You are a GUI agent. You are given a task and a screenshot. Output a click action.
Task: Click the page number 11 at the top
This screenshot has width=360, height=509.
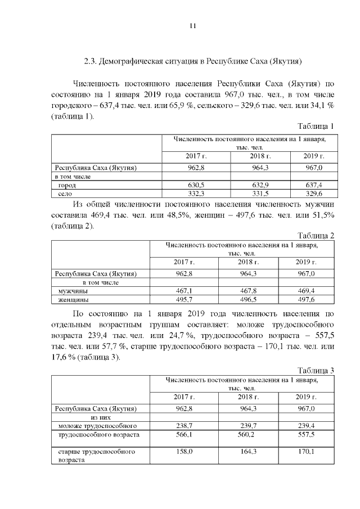(192, 25)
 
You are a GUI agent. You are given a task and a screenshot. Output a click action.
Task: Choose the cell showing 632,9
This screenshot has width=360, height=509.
(261, 184)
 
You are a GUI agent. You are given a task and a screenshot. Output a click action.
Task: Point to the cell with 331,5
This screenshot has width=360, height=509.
(261, 193)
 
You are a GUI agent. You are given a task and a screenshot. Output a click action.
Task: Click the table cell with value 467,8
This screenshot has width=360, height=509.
(247, 291)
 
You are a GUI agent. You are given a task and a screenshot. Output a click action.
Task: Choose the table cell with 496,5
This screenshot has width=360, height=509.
(247, 300)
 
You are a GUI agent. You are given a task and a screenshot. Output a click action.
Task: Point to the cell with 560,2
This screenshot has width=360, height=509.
(247, 435)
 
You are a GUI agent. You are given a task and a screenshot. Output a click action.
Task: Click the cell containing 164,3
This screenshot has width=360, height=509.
(247, 452)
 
